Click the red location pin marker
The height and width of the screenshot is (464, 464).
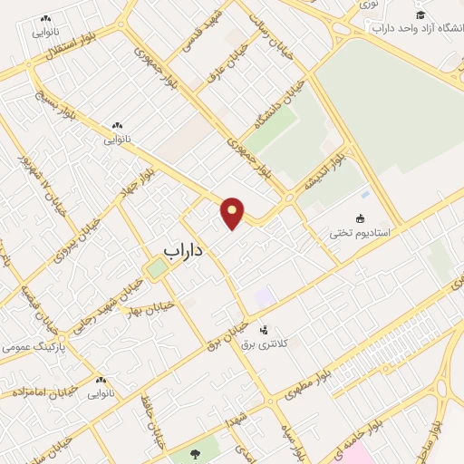coord(232,211)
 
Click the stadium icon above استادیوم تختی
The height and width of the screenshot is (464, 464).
coord(361,218)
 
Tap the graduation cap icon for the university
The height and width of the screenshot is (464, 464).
coord(420,14)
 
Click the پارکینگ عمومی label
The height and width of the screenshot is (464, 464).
coord(28,345)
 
